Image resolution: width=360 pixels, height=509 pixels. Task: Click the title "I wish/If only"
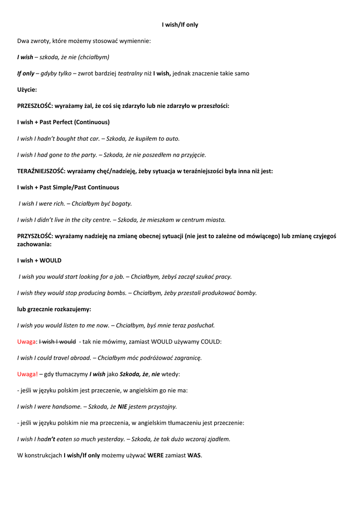[180, 24]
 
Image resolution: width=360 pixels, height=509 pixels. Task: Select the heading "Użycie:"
[27, 89]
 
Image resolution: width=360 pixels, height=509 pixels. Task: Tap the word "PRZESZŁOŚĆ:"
[38, 106]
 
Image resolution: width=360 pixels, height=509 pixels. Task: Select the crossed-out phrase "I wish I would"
[57, 341]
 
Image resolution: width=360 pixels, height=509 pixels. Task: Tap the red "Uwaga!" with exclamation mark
[27, 374]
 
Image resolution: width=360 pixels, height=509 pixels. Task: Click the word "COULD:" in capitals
[211, 341]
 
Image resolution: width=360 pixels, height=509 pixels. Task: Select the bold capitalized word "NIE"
[122, 406]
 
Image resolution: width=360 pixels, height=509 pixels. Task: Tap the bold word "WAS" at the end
[194, 455]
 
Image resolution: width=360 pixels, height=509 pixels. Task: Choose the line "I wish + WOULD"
[39, 260]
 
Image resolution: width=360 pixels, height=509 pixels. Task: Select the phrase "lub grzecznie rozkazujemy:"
[54, 309]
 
